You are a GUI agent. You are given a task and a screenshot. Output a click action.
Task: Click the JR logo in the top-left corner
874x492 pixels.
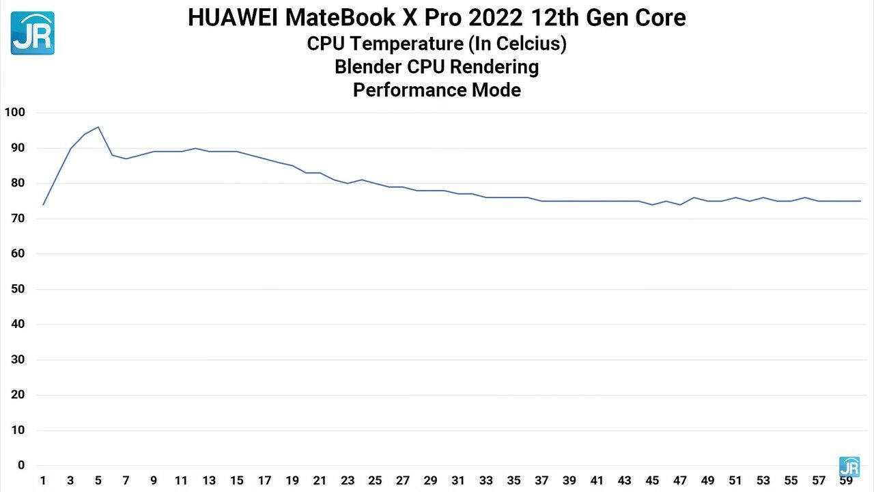click(x=32, y=33)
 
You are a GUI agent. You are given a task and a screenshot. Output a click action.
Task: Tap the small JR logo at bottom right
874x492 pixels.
click(x=849, y=467)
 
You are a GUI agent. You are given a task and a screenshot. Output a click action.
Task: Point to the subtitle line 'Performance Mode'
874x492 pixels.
click(x=436, y=90)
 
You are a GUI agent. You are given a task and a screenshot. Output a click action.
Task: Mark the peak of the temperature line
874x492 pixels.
click(x=98, y=127)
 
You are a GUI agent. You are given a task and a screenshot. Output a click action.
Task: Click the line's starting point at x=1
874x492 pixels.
click(x=43, y=205)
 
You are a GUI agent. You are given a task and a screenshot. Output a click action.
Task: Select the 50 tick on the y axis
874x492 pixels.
click(x=17, y=289)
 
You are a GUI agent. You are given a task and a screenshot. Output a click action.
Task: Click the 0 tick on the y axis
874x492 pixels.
click(x=20, y=465)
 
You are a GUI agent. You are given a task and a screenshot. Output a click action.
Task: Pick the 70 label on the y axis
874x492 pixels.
click(x=17, y=219)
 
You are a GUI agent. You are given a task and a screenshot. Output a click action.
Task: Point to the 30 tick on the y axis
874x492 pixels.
click(x=17, y=359)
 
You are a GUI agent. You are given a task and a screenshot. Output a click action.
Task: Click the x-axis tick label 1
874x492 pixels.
click(x=43, y=481)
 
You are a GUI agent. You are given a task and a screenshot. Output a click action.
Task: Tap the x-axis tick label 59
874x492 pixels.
click(x=846, y=481)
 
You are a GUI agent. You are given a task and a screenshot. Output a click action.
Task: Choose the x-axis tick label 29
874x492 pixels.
click(x=430, y=481)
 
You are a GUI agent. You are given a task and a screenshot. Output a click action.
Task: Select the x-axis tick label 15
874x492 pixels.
click(x=236, y=481)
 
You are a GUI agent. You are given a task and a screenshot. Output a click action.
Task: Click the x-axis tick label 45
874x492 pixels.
click(x=652, y=481)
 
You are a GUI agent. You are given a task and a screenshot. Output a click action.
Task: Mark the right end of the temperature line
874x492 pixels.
click(x=860, y=201)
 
